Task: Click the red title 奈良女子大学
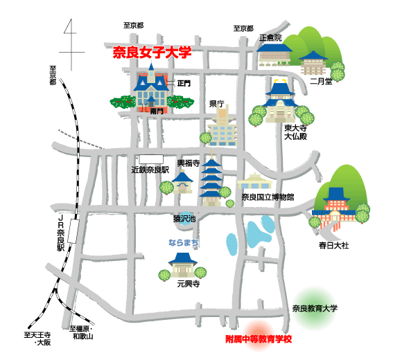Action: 152,52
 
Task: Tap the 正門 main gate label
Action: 184,83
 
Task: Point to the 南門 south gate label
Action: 157,111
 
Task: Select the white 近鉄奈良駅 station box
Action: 151,159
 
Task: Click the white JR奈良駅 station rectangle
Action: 73,231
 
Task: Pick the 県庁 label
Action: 217,104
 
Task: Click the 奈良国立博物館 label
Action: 268,197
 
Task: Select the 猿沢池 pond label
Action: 184,219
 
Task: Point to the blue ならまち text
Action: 184,242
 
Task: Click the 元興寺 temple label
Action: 189,284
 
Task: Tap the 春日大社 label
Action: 333,245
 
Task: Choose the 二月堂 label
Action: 321,81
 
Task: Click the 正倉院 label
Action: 270,38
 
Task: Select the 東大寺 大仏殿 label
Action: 295,132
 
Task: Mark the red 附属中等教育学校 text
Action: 259,339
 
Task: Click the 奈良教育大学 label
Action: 315,308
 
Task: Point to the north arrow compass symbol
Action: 71,44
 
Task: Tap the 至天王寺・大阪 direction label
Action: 37,339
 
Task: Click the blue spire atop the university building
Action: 151,66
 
